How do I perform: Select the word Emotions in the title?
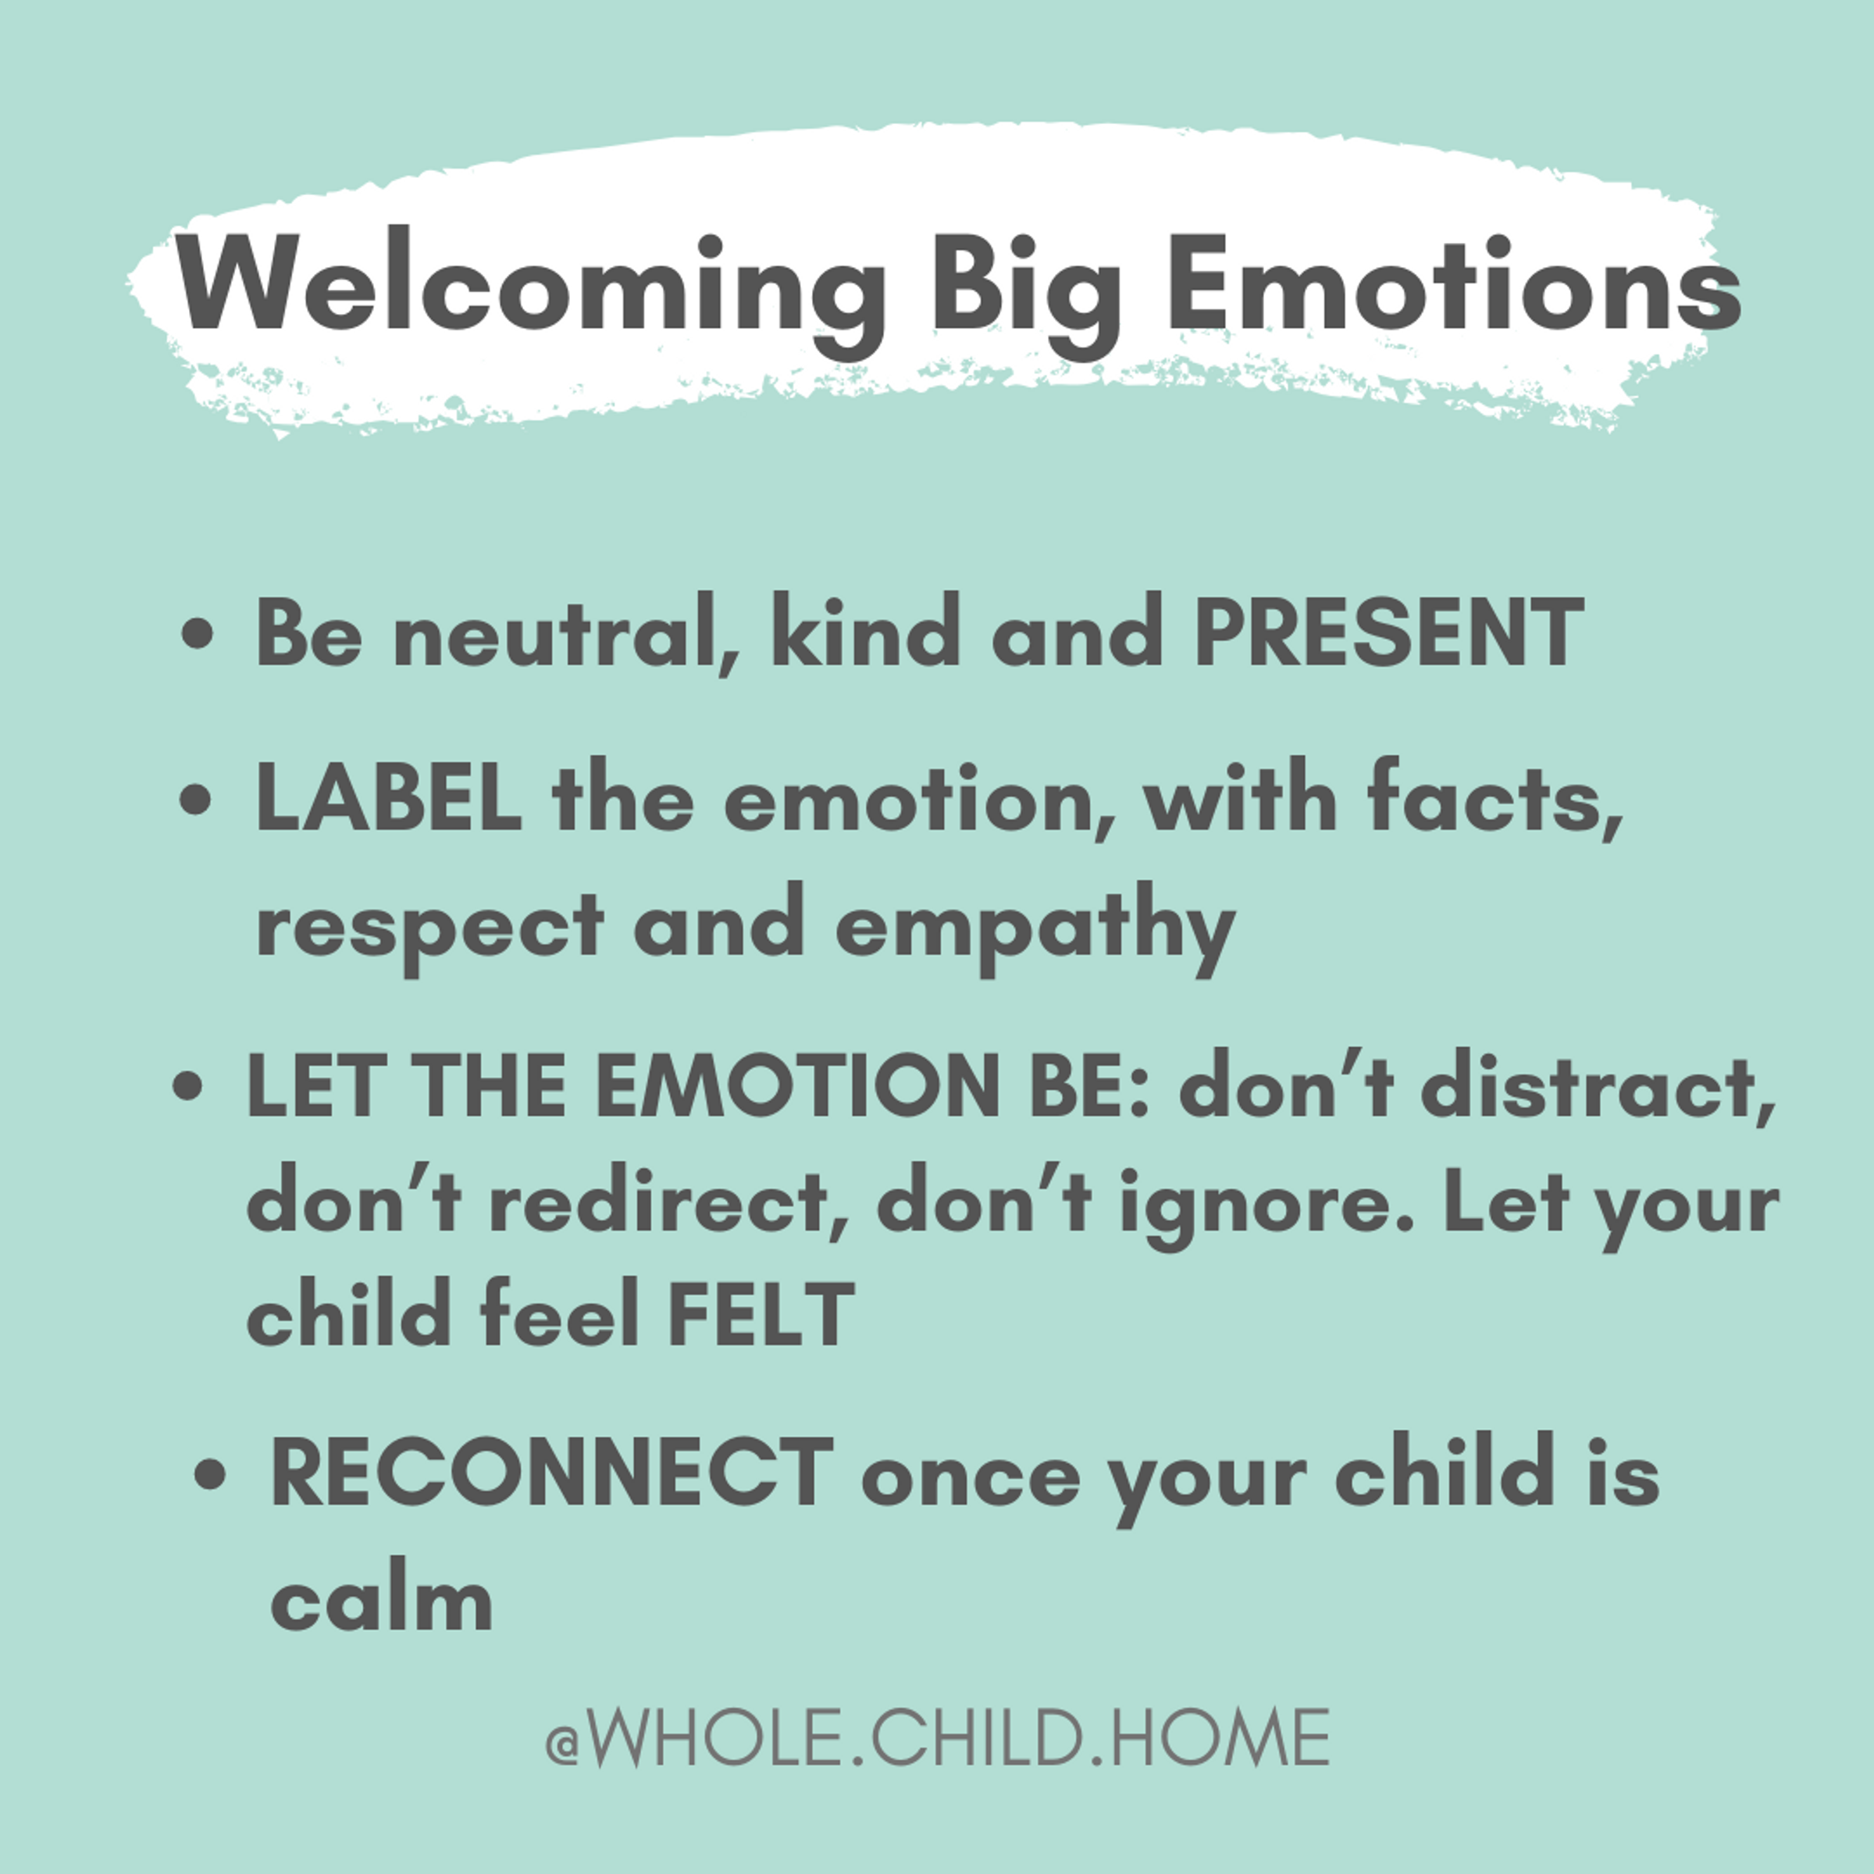[x=1454, y=283]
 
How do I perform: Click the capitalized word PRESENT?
[x=1388, y=632]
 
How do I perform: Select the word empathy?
[x=1034, y=928]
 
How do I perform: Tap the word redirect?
[x=668, y=1202]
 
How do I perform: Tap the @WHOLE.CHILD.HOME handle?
[x=937, y=1738]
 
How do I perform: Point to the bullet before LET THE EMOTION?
[x=188, y=1088]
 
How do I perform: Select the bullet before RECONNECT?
[x=211, y=1477]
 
